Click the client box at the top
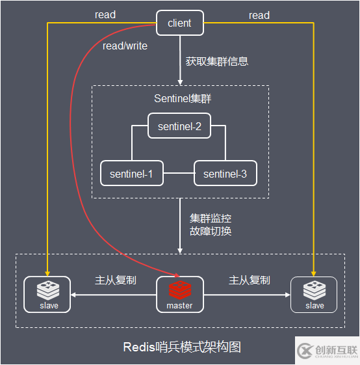(179, 23)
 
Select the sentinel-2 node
(179, 126)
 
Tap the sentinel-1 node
(131, 174)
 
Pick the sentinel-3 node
(225, 174)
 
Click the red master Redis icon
(179, 290)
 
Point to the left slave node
(47, 294)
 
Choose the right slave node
(314, 294)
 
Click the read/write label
(125, 46)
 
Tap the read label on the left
(105, 15)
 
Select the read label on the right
(259, 15)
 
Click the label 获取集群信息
(217, 62)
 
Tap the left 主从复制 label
(115, 280)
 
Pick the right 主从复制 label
(249, 280)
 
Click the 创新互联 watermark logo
(327, 351)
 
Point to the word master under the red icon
(179, 305)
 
